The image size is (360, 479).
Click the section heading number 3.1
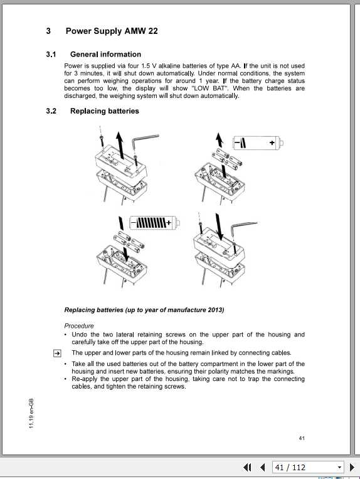pyautogui.click(x=51, y=55)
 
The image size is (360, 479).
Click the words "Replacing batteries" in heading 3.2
pyautogui.click(x=104, y=111)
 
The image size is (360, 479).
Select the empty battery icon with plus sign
pyautogui.click(x=255, y=144)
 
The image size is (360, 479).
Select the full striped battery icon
pyautogui.click(x=154, y=222)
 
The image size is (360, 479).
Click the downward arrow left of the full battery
pyautogui.click(x=122, y=222)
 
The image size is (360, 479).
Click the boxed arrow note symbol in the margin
pyautogui.click(x=56, y=353)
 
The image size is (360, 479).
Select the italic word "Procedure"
pyautogui.click(x=79, y=326)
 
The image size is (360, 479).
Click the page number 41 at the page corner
pyautogui.click(x=302, y=438)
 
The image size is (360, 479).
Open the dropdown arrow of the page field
pyautogui.click(x=340, y=467)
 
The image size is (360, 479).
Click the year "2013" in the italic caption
pyautogui.click(x=213, y=310)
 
